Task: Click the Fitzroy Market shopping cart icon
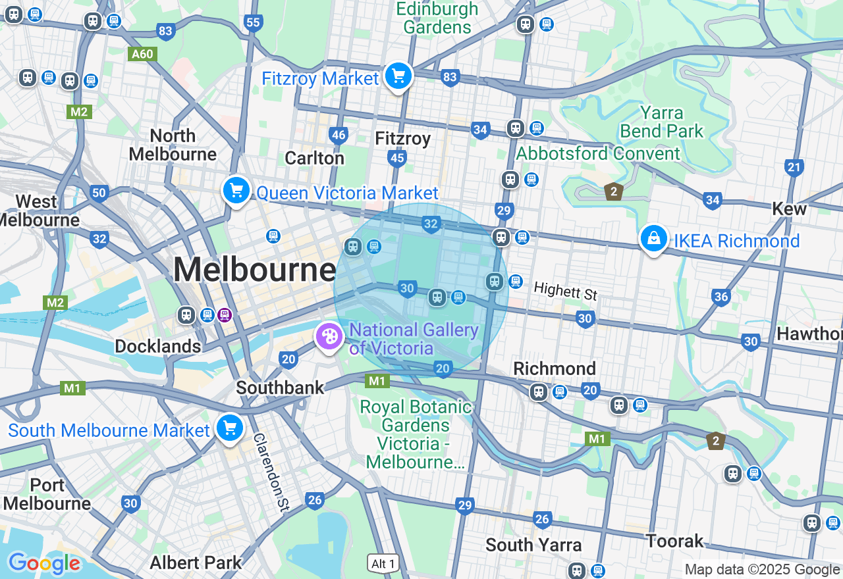(x=398, y=76)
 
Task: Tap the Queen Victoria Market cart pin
(x=236, y=191)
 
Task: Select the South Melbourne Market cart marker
(x=229, y=428)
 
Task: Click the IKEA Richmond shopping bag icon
(x=653, y=239)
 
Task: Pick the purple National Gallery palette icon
(x=328, y=337)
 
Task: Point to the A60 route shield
(x=142, y=54)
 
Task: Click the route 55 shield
(x=253, y=23)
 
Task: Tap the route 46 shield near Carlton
(x=338, y=136)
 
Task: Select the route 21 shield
(x=794, y=167)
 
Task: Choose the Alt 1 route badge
(x=383, y=563)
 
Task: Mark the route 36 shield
(x=721, y=297)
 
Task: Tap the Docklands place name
(x=157, y=346)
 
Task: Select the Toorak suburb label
(x=674, y=541)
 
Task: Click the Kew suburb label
(x=789, y=209)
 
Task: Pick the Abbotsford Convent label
(x=598, y=153)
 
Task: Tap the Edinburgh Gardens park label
(x=437, y=18)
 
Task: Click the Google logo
(x=44, y=564)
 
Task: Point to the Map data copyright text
(x=762, y=570)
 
